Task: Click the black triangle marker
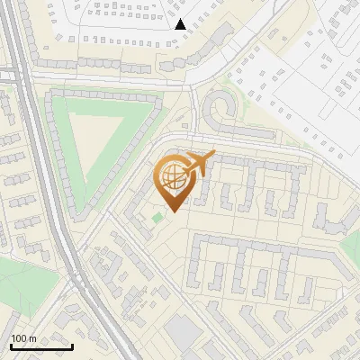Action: point(181,24)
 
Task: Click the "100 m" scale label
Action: point(23,338)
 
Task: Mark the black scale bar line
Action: point(41,346)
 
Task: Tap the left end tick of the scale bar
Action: point(11,345)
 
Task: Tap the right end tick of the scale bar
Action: point(72,345)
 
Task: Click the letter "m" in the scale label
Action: point(32,338)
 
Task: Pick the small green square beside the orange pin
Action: point(158,217)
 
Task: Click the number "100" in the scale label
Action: point(19,338)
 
